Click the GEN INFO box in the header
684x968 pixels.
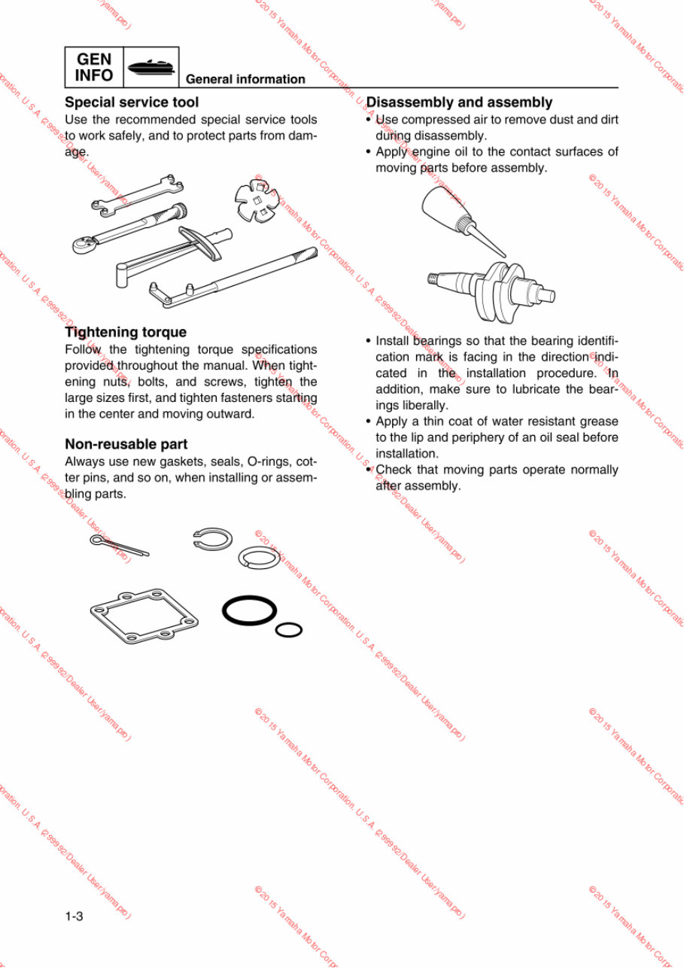click(94, 68)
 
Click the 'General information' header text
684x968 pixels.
click(245, 79)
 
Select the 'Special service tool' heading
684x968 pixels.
click(132, 102)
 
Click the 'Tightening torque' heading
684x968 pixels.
click(126, 332)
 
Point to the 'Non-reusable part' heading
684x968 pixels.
click(126, 444)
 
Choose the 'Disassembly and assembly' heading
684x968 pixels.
click(459, 102)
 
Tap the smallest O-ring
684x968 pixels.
click(289, 629)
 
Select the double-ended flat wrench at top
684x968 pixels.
click(135, 193)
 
